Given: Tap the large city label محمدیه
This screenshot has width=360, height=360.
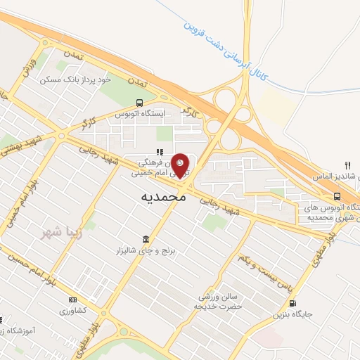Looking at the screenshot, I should pos(163,198).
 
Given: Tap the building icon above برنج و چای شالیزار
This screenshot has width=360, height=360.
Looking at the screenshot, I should pos(146,238).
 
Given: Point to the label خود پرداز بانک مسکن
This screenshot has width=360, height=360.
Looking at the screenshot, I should pos(85,80).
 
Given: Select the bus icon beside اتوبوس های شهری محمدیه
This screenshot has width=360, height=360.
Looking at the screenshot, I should pos(337,196).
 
